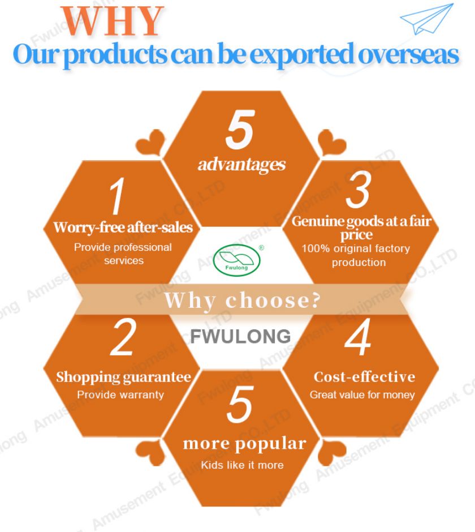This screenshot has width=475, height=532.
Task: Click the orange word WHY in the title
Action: coord(112,21)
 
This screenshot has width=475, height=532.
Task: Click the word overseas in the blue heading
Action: coord(408,54)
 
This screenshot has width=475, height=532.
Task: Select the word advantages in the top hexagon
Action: coord(241,165)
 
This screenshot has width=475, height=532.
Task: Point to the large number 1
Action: coord(117,196)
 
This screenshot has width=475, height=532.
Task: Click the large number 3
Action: coord(358,190)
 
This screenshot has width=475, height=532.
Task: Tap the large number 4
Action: coord(358,337)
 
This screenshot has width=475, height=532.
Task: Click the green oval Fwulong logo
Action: coord(237,260)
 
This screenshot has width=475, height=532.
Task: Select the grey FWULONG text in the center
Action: coord(240,337)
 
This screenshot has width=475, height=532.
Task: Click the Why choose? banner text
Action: coord(242,301)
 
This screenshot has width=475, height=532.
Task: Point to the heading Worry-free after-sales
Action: coord(123,228)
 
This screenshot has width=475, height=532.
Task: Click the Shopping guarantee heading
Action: coord(123,377)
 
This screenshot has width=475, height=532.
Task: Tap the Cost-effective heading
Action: coord(365,377)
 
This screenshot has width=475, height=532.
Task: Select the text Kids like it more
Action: coord(242,465)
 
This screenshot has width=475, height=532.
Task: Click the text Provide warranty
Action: coord(120,394)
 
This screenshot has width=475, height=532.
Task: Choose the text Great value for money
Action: coord(362,395)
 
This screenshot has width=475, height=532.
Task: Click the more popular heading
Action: coord(244,444)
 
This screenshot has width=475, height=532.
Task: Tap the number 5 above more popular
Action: coord(240,405)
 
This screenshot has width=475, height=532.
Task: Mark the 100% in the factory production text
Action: coord(316,248)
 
